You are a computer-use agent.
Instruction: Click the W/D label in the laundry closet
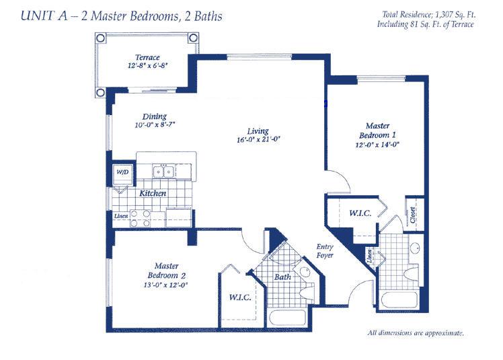(x=122, y=172)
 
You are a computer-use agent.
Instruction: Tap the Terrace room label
(x=147, y=57)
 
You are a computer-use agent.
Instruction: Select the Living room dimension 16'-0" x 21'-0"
(x=258, y=140)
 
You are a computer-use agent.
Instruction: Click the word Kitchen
(x=153, y=193)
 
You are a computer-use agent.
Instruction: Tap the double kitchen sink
(x=163, y=171)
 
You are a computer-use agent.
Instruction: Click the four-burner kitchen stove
(x=140, y=219)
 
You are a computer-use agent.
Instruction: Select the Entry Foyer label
(x=325, y=251)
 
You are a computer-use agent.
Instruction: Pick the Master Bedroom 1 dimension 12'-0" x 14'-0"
(x=377, y=145)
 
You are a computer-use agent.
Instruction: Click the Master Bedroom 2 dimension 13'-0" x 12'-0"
(x=165, y=285)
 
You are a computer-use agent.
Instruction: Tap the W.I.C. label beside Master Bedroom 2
(x=239, y=297)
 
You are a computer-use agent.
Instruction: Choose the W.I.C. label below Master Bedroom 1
(x=360, y=213)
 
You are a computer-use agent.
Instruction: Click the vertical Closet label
(x=412, y=215)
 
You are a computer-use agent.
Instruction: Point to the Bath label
(x=282, y=277)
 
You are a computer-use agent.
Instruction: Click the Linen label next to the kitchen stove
(x=121, y=216)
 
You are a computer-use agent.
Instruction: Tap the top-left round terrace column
(x=100, y=38)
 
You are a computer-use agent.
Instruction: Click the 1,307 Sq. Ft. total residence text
(x=455, y=14)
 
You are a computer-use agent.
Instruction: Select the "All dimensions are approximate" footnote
(x=416, y=333)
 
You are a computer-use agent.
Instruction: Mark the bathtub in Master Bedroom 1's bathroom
(x=399, y=300)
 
